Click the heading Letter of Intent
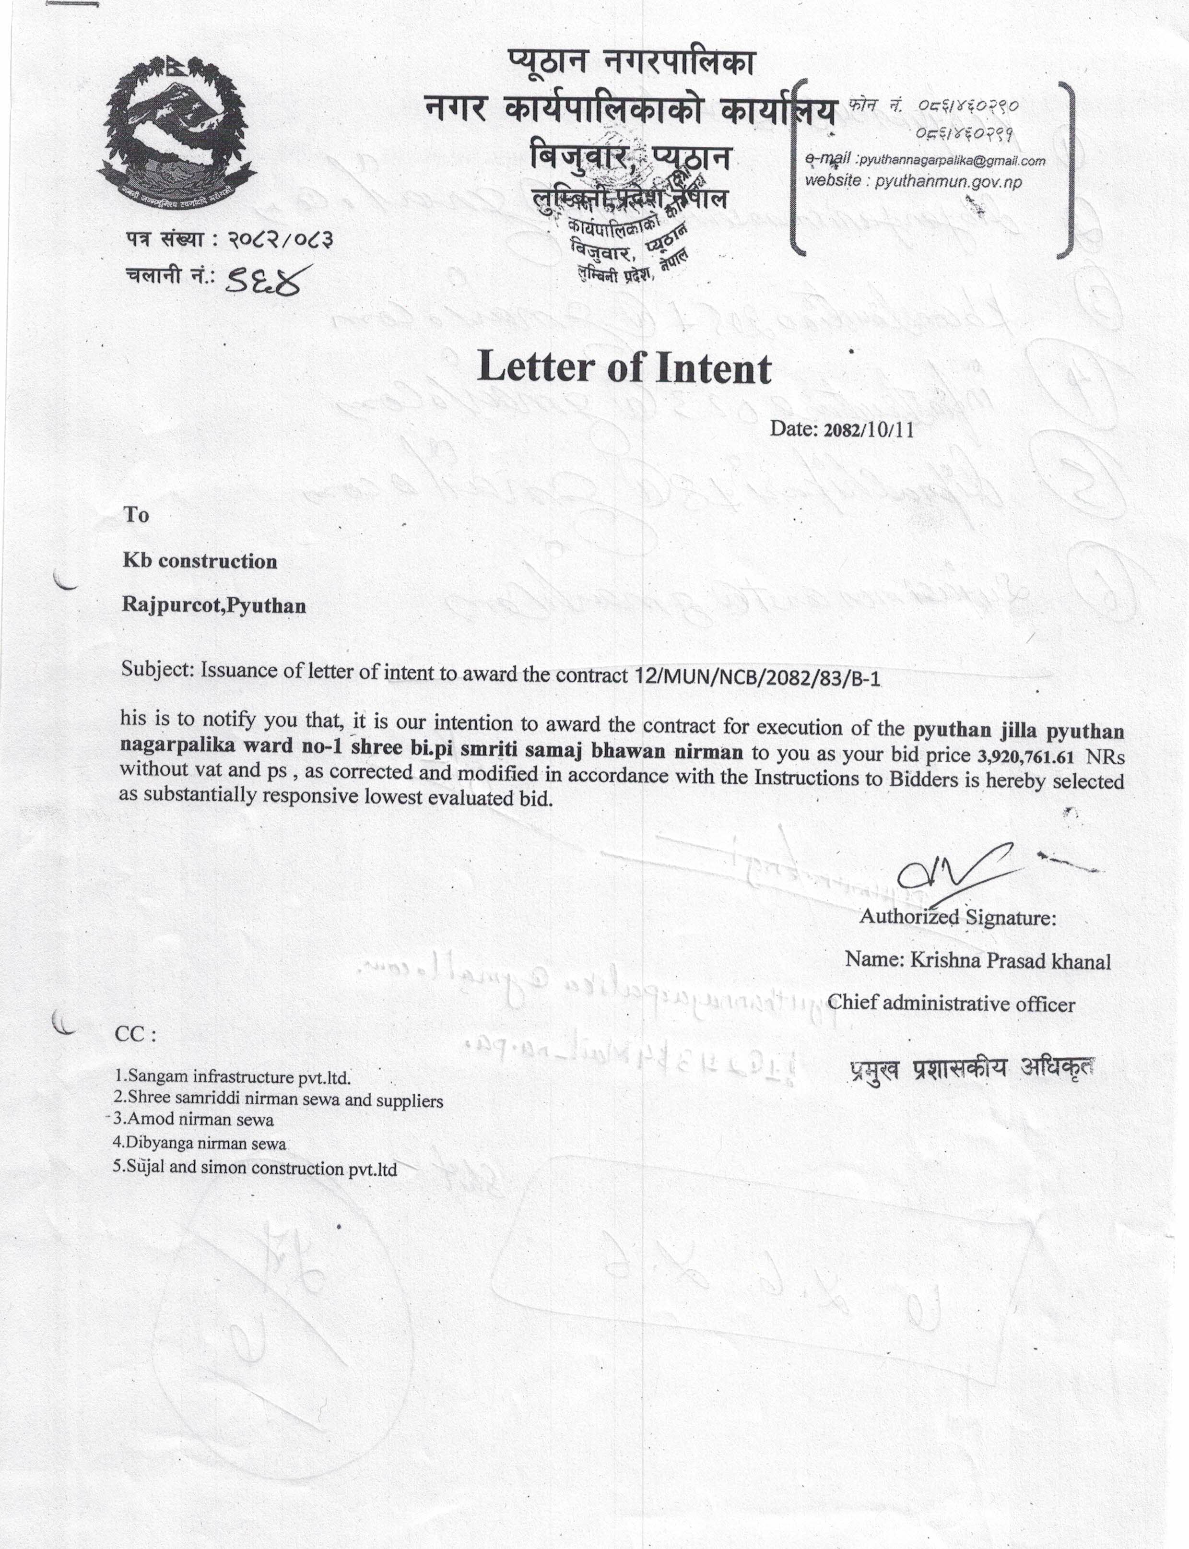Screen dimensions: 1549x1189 (x=624, y=367)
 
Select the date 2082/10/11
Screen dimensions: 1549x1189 (x=869, y=430)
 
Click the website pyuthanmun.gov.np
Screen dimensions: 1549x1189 (x=948, y=182)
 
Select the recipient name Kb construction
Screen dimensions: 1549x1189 (x=200, y=561)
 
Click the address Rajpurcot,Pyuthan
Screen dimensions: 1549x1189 (x=214, y=606)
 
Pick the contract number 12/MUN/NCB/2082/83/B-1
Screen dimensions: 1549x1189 (x=756, y=677)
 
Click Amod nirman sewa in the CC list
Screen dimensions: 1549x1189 (x=194, y=1119)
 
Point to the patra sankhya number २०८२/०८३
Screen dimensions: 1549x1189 (x=280, y=241)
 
